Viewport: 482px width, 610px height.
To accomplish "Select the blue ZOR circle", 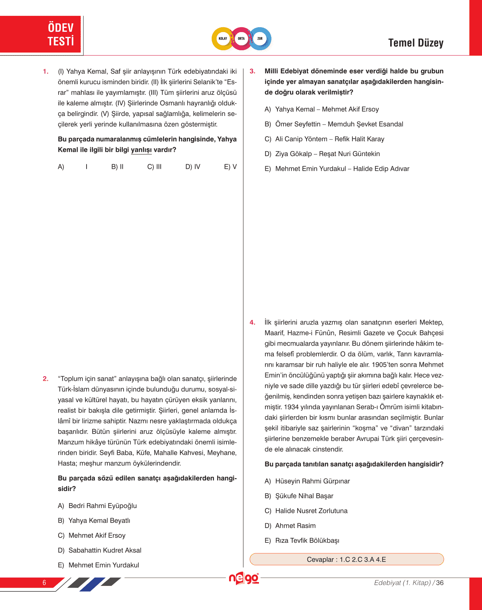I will (260, 39).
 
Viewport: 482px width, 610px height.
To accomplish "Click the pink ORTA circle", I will (241, 39).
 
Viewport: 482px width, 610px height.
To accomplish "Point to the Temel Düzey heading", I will (415, 43).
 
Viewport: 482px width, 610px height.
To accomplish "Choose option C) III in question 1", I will (154, 167).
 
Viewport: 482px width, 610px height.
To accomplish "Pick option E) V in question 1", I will (230, 167).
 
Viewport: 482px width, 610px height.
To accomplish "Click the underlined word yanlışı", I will (141, 150).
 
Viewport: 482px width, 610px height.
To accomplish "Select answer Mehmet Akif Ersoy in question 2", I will (96, 535).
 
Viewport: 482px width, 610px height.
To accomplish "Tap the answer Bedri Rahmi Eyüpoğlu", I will (102, 506).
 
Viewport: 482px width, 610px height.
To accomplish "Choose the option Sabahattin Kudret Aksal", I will (104, 550).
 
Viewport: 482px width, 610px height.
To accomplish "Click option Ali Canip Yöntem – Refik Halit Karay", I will (329, 139).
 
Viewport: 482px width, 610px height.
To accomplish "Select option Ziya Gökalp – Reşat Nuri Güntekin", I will (327, 154).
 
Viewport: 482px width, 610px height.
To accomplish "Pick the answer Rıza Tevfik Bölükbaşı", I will (307, 541).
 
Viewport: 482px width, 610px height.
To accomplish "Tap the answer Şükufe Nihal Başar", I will (304, 496).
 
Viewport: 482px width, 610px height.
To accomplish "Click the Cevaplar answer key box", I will (346, 559).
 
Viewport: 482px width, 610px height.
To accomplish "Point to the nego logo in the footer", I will (244, 578).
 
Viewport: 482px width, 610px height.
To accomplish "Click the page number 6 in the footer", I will (44, 582).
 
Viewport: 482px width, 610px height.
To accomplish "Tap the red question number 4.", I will (253, 323).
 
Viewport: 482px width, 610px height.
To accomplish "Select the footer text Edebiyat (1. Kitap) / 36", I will (409, 583).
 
